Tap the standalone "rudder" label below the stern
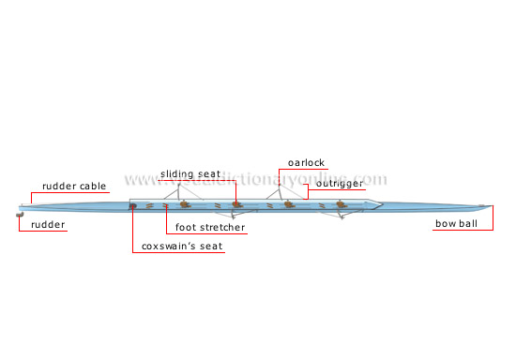[x=47, y=225]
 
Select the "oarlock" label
[x=307, y=162]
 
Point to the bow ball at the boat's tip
[x=482, y=206]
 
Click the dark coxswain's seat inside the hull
[x=133, y=205]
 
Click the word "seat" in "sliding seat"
[x=210, y=173]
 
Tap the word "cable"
[x=93, y=186]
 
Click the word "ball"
[x=473, y=225]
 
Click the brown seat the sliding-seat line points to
[x=237, y=203]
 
